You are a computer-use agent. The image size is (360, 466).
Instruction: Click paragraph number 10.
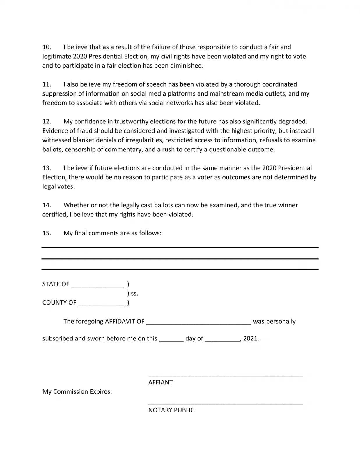(x=47, y=47)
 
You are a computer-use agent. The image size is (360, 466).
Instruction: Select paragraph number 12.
(x=47, y=121)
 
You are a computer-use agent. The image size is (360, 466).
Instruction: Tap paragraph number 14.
(x=47, y=205)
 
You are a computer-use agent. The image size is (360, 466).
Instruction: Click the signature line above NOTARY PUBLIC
(x=226, y=403)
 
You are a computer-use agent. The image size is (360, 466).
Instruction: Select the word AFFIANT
(x=160, y=382)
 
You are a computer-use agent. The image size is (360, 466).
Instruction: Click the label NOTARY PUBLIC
(x=171, y=410)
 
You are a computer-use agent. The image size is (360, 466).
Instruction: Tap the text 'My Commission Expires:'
(x=77, y=392)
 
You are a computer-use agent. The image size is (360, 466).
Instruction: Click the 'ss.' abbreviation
(x=134, y=294)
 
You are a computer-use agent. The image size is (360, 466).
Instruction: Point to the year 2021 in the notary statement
(x=251, y=339)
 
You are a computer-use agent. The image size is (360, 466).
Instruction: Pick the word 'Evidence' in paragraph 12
(x=54, y=131)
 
